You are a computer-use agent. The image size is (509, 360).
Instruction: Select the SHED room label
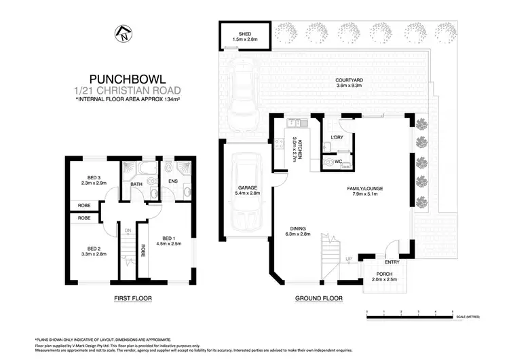(245, 34)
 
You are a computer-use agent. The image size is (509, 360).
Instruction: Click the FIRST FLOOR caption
(133, 298)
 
